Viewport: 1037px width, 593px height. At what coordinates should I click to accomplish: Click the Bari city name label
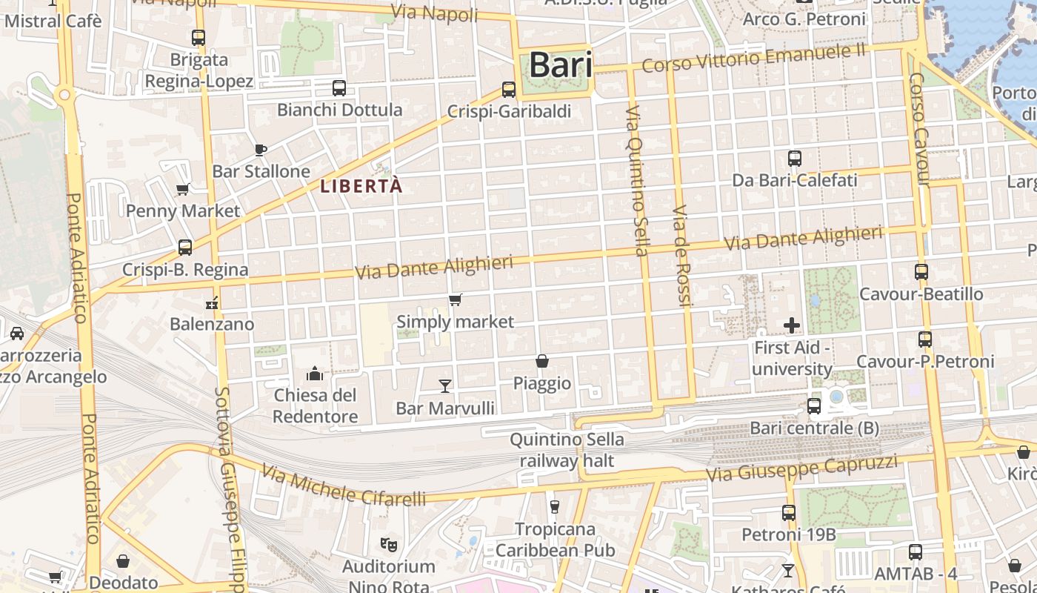561,65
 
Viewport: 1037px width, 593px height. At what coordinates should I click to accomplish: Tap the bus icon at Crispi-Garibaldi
509,90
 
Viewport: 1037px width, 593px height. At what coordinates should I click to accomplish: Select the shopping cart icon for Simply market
456,300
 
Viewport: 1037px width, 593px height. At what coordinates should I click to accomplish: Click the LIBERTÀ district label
361,187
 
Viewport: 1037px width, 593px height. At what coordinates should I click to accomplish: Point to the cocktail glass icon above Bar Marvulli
445,385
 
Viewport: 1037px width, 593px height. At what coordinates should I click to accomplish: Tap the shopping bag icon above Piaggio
542,361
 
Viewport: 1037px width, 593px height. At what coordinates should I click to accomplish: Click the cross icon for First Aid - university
792,325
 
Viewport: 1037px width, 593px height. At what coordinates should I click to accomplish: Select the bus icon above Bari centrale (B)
814,405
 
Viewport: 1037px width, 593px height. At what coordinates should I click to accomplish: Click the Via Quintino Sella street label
637,181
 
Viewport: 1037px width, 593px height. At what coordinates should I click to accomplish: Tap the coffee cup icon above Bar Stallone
261,150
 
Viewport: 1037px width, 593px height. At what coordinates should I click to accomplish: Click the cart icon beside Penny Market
183,189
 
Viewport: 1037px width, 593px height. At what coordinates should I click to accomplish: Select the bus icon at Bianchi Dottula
339,88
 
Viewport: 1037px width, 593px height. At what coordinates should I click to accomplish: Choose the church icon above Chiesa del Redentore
315,373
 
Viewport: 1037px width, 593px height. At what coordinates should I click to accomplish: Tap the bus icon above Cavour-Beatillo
921,272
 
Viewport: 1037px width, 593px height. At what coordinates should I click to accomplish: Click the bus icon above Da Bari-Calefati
795,158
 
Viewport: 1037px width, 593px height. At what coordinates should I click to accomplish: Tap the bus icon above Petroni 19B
789,512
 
